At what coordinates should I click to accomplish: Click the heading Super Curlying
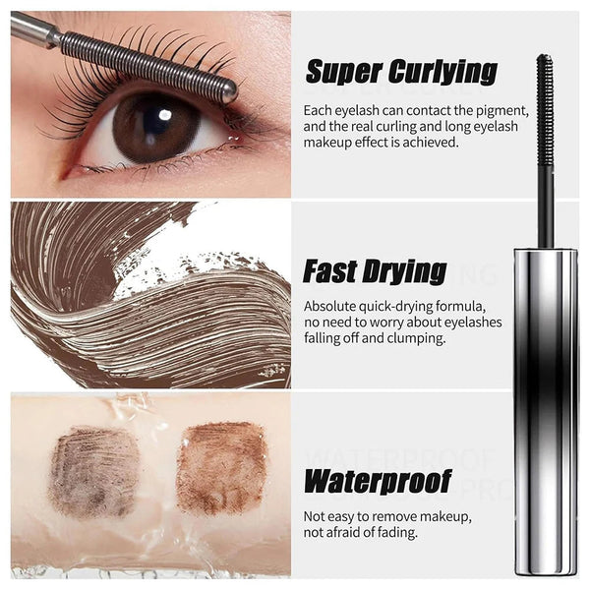(401, 71)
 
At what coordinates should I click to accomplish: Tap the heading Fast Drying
(375, 270)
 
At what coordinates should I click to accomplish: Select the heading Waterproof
(378, 481)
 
